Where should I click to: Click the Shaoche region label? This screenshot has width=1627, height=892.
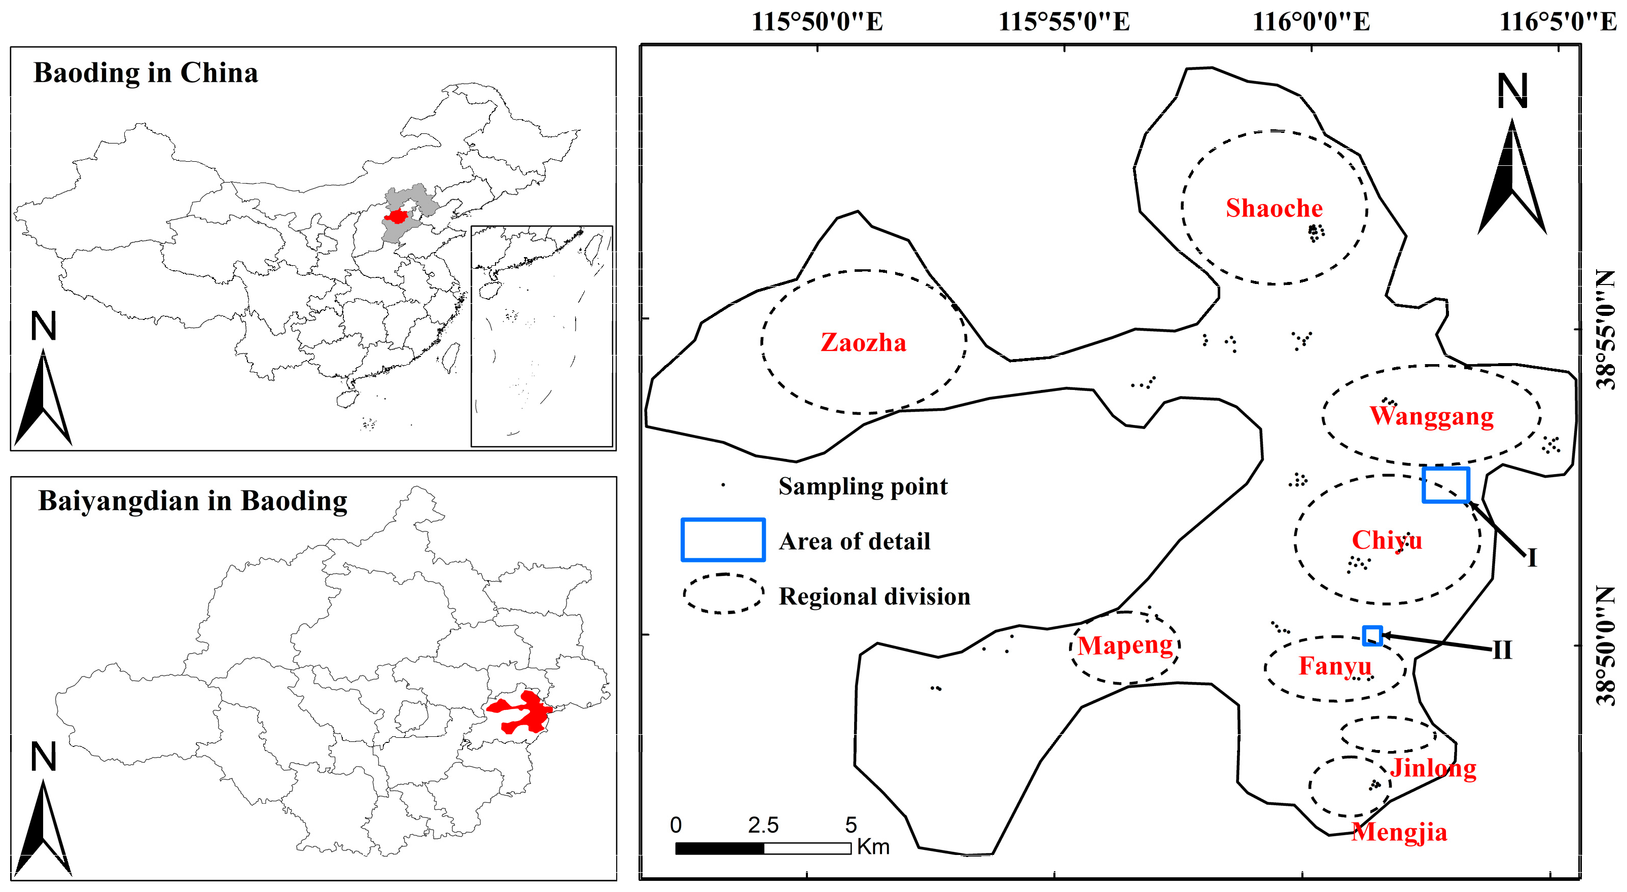1274,208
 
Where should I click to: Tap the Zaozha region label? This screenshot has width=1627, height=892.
863,342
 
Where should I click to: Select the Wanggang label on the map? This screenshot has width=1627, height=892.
1431,416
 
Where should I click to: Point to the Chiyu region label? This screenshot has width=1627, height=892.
1387,540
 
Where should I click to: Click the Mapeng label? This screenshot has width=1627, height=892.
1125,645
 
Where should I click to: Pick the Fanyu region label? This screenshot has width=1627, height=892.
1334,666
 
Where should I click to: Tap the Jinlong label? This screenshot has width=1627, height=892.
1433,768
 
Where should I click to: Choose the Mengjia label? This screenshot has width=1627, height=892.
1399,832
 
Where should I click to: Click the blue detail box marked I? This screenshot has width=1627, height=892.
1445,484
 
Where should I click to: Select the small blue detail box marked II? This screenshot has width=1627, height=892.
1372,635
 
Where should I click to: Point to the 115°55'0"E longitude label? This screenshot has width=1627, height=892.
1064,22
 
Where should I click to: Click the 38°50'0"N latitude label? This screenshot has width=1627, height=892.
1605,645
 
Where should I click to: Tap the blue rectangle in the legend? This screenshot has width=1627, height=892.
723,540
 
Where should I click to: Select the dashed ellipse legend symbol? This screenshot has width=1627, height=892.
723,594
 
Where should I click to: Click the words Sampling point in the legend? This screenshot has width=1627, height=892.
863,486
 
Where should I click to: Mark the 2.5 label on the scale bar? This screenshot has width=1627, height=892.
763,825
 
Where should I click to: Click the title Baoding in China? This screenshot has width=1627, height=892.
146,73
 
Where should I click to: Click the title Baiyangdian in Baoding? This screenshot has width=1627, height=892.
193,501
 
